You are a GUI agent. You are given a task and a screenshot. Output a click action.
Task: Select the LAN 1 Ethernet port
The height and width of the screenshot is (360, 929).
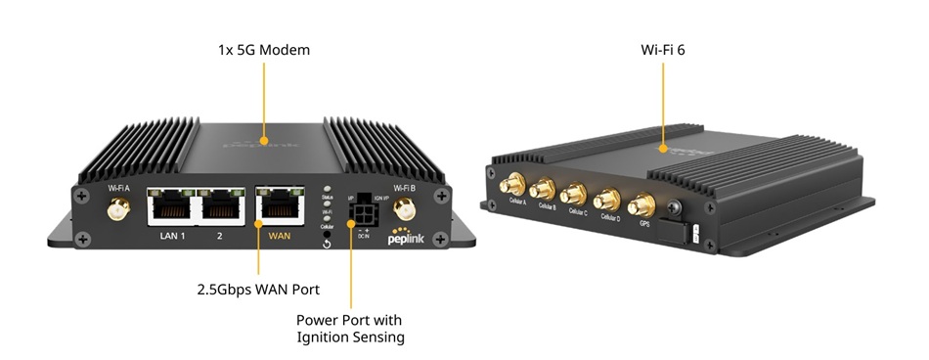(x=170, y=205)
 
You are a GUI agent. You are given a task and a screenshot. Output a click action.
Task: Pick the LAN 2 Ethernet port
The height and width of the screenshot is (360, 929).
(x=221, y=205)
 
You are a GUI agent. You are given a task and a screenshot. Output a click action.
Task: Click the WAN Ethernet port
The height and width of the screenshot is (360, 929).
(x=281, y=205)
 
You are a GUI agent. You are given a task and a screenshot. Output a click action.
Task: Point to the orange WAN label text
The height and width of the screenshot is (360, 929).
(x=280, y=236)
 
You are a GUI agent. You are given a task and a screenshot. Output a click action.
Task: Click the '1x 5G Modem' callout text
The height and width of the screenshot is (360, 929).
(x=264, y=48)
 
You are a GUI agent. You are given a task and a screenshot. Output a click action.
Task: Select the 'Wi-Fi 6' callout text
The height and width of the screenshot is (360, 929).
(x=663, y=48)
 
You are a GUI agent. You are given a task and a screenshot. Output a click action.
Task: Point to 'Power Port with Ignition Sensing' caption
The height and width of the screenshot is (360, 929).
(x=350, y=329)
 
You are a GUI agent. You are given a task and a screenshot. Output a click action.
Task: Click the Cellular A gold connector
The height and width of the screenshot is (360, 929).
(x=509, y=185)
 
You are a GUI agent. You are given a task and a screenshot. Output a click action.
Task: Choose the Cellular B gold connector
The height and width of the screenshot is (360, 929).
(x=539, y=190)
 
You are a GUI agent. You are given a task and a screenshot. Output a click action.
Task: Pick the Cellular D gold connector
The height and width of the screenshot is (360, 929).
(x=607, y=201)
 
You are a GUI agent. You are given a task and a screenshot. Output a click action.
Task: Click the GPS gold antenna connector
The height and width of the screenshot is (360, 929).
(x=642, y=205)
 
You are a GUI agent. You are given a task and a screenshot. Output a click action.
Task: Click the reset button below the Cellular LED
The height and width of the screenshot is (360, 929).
(x=326, y=243)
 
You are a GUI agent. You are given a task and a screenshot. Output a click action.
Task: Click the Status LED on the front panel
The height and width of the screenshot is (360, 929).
(x=327, y=189)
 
